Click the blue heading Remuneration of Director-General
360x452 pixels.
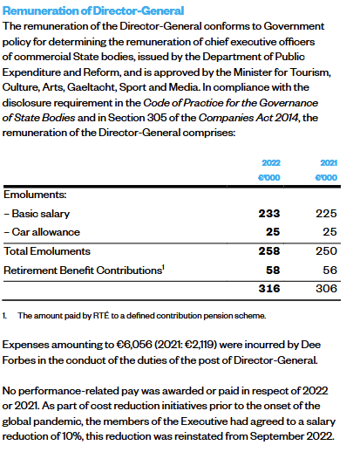(x=93, y=10)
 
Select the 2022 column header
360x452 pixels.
(x=271, y=162)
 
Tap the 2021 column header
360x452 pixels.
(x=329, y=162)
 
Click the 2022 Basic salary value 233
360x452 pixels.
(x=269, y=214)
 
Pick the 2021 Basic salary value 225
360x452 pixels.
(x=326, y=214)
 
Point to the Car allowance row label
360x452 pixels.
(x=42, y=232)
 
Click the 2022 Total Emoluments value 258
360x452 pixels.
(x=269, y=251)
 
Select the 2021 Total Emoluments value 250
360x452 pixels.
(x=326, y=251)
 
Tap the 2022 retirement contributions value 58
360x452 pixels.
(x=273, y=271)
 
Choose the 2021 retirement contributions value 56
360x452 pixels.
(x=330, y=271)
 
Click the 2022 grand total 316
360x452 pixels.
(x=269, y=289)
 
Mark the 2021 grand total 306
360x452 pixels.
(x=326, y=289)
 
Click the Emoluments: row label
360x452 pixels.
(x=35, y=195)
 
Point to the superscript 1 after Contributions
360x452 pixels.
(x=163, y=267)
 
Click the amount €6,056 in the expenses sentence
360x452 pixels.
(x=134, y=345)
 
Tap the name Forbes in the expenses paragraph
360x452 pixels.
(x=18, y=360)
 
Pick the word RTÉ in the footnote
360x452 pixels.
(x=101, y=315)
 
